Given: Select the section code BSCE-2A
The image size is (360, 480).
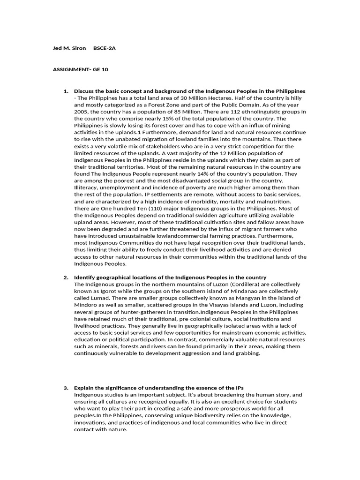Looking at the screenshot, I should (104, 48).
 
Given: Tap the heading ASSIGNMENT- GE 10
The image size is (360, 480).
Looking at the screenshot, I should (80, 69).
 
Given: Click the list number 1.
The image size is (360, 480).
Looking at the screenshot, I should (66, 91).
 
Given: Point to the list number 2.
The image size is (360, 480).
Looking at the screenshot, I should (66, 277).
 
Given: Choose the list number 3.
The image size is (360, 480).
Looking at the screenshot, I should (66, 388).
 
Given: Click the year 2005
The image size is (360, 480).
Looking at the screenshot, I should (81, 112).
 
